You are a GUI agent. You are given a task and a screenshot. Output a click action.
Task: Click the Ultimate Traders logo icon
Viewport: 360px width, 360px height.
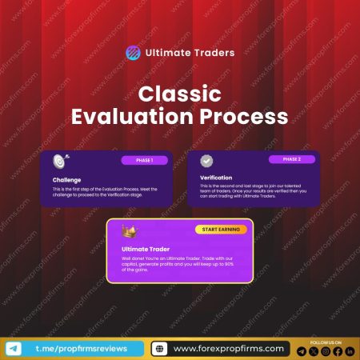(x=133, y=54)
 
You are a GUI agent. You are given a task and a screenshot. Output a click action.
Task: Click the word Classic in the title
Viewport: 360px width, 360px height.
(x=179, y=94)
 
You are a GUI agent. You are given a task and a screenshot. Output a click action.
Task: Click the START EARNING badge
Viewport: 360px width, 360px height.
(x=221, y=230)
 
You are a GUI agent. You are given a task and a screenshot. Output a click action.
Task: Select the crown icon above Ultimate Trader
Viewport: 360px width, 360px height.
(x=127, y=232)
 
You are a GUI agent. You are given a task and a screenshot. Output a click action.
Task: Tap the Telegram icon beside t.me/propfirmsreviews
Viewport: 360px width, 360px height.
(x=14, y=348)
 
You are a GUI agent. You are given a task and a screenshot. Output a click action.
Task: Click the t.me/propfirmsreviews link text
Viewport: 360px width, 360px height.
(x=80, y=348)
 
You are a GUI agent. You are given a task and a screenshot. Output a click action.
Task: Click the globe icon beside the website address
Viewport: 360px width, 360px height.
(x=159, y=349)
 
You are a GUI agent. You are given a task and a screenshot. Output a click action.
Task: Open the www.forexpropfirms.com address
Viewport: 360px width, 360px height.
(x=228, y=349)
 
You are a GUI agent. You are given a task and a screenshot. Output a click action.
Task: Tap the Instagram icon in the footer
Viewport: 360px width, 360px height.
(x=326, y=351)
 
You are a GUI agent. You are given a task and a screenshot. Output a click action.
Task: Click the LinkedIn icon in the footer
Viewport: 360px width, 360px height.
(x=350, y=351)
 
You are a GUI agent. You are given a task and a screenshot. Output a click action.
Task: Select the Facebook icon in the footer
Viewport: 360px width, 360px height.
(x=338, y=351)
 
